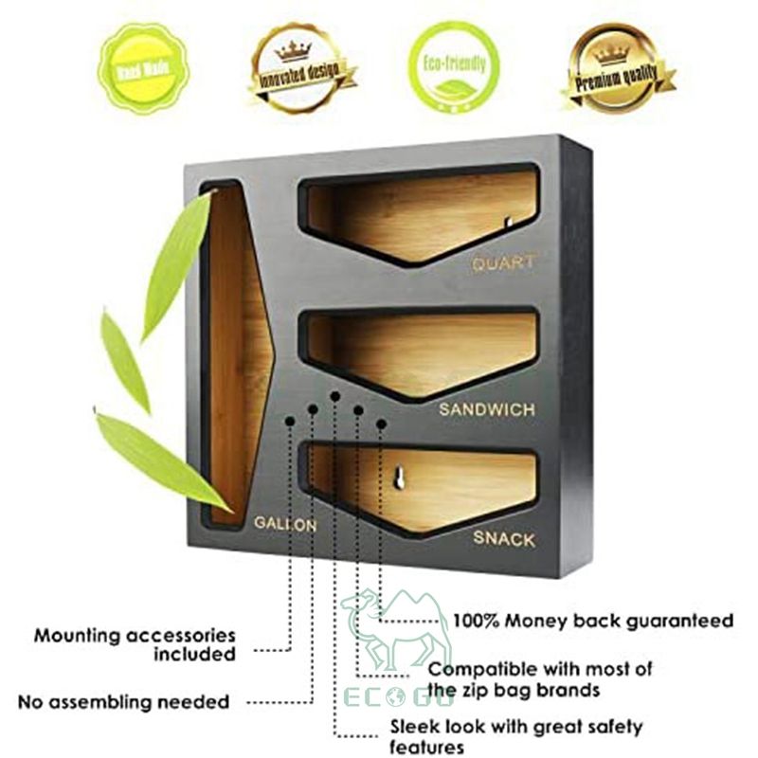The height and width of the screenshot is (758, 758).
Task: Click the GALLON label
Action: click(x=284, y=523)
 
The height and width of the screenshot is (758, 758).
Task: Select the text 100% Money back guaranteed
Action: click(x=592, y=621)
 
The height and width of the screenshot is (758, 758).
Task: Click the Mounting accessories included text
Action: click(x=135, y=644)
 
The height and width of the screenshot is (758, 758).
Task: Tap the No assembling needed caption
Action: click(x=123, y=702)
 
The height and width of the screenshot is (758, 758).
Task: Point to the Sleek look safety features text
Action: click(x=516, y=736)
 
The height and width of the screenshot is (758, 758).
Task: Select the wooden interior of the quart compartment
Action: click(x=417, y=213)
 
